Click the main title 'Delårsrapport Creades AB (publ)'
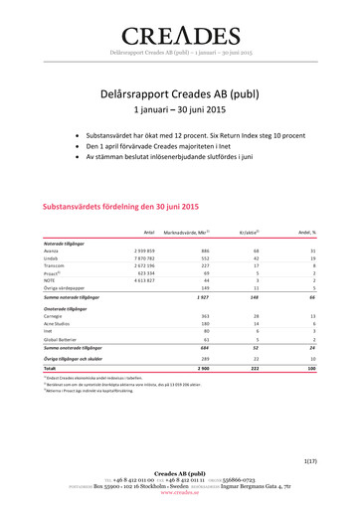[180, 92]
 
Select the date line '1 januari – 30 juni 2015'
[180, 110]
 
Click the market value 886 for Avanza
[204, 252]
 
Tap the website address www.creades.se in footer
[180, 491]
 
